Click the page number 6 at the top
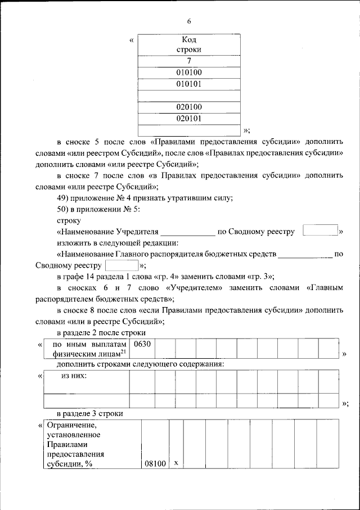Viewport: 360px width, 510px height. point(189,21)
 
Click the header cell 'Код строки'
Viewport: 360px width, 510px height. point(189,45)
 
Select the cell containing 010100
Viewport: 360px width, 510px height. point(189,73)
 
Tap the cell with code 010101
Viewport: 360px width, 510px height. point(189,84)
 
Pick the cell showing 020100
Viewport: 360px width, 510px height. point(189,107)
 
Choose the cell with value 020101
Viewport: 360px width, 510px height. point(189,119)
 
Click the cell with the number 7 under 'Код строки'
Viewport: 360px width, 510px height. point(189,61)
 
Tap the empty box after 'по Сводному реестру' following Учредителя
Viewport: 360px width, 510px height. point(319,231)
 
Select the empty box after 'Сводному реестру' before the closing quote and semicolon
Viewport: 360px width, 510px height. point(121,265)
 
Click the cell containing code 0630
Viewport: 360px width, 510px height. point(141,344)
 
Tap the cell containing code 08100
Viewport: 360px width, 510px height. point(155,463)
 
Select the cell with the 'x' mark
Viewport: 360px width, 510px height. point(176,463)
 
